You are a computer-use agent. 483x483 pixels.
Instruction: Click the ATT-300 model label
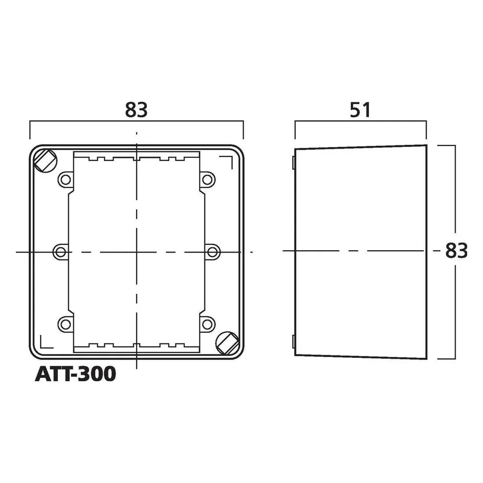point(75,374)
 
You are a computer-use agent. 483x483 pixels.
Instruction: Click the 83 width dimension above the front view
point(136,109)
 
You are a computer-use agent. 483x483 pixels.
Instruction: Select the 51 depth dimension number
point(360,110)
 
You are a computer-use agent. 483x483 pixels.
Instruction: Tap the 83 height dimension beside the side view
point(456,250)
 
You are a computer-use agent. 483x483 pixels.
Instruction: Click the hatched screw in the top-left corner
point(45,161)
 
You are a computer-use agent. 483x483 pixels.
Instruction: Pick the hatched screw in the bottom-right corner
point(227,343)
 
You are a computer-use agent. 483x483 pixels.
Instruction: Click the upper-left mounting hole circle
point(65,180)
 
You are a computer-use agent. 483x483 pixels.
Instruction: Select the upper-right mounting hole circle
point(207,180)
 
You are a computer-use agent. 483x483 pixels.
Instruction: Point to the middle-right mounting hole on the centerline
point(213,252)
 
